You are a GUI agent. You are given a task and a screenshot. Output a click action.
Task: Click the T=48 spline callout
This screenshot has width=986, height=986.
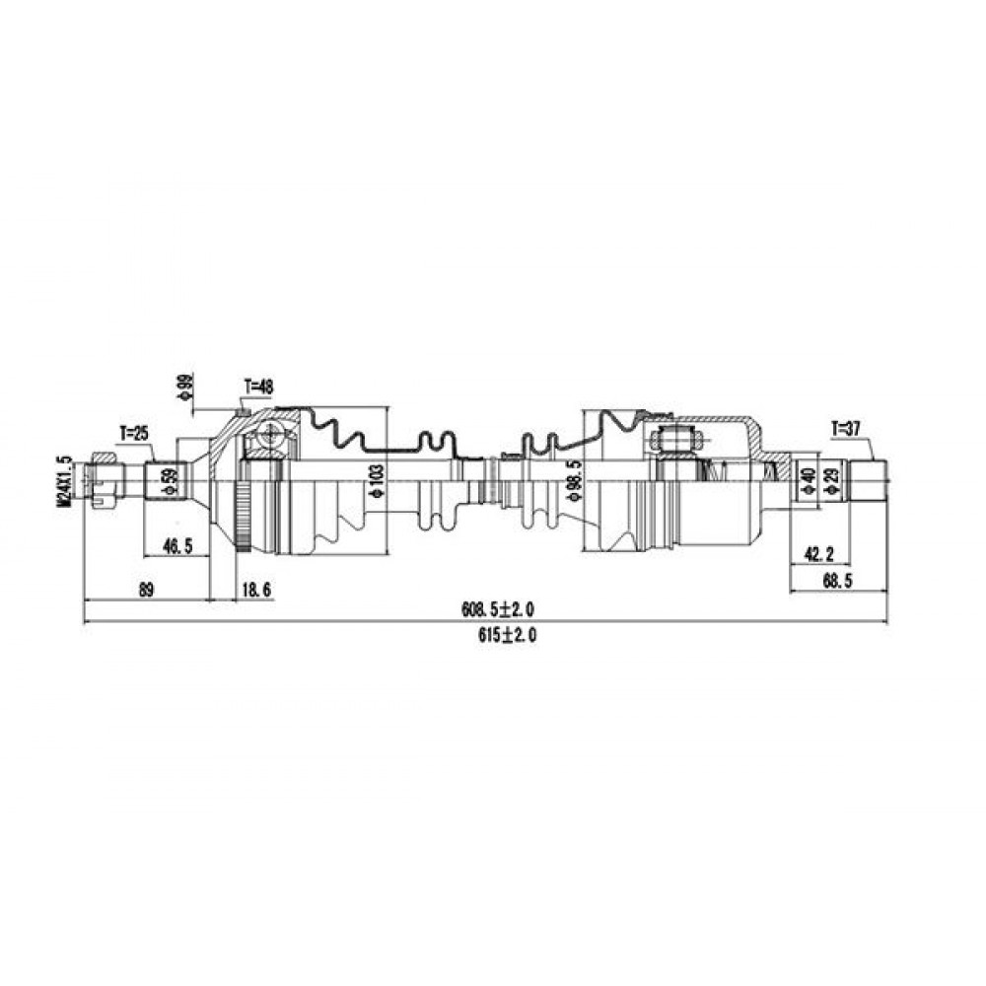[x=258, y=387]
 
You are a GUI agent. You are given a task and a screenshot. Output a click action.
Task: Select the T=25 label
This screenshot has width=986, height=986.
[x=134, y=433]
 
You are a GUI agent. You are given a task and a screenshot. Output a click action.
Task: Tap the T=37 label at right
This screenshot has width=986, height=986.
[x=845, y=430]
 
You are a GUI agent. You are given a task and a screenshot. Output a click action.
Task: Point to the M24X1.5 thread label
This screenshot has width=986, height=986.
[x=63, y=481]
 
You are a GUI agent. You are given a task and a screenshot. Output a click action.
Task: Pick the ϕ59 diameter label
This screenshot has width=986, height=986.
[x=168, y=482]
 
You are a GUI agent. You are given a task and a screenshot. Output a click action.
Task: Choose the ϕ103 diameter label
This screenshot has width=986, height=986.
[x=377, y=482]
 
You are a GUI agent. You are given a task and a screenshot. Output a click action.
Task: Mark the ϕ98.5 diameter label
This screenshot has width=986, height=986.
[x=573, y=480]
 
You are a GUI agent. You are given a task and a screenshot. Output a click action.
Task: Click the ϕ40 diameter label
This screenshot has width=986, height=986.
[x=810, y=481]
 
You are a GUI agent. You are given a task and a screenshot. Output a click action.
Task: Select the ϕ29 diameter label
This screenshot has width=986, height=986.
[x=835, y=482]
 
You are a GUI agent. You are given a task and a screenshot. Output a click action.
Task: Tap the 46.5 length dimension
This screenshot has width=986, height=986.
[x=177, y=546]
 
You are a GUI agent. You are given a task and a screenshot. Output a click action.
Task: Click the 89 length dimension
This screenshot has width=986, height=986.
[x=145, y=590]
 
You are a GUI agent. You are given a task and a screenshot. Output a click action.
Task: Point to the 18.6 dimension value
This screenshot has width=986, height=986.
[x=256, y=590]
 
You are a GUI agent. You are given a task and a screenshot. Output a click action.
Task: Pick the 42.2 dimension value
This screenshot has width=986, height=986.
[x=818, y=554]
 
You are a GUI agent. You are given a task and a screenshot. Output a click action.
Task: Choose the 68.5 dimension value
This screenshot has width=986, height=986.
[x=837, y=582]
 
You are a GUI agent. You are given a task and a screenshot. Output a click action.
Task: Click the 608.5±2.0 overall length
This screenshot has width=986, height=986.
[x=498, y=609]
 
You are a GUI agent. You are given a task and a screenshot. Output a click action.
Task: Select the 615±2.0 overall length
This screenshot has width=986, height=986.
[x=507, y=636]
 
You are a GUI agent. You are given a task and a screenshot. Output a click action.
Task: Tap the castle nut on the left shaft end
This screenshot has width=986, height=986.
[x=104, y=480]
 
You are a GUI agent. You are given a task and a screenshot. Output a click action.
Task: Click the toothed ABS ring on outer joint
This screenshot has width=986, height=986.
[x=243, y=516]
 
